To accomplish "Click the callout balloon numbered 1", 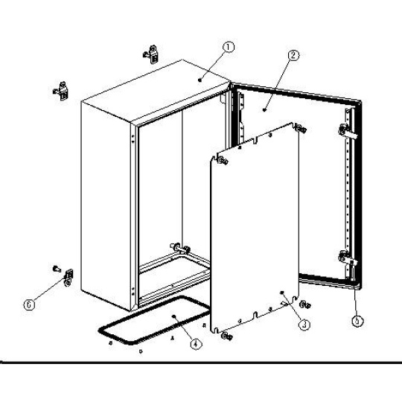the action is pos(229,47).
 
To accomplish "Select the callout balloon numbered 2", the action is pos(293,55).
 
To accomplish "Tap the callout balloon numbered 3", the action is pos(304,325).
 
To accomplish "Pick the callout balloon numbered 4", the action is pos(196,344).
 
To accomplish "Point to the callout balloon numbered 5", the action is pos(357,321).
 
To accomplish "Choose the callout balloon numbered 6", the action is pos(29,304).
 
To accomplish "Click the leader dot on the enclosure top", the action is pos(200,80).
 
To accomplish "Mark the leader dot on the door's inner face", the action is pos(264,110).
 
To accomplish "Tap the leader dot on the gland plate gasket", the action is pos(174,316).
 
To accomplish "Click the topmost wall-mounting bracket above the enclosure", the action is pos(151,54).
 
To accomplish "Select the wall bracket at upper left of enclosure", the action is pos(61,91).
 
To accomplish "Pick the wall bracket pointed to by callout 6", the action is pos(68,278).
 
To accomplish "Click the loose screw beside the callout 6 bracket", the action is pos(57,269).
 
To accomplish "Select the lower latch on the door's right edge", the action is pos(347,258).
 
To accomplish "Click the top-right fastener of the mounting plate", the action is pos(301,129).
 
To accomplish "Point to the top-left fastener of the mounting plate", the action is pos(223,161).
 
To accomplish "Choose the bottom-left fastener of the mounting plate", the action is pos(226,336).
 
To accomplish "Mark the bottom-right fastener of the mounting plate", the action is pos(305,304).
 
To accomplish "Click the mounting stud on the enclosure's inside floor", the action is pos(180,248).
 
